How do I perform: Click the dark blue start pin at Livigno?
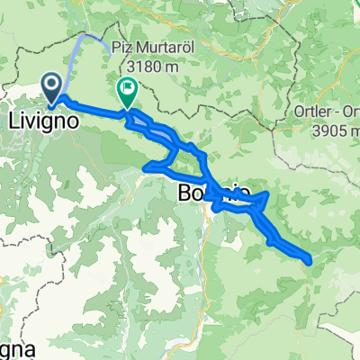(54, 86)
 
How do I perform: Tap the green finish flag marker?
(127, 89)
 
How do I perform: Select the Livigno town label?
(41, 118)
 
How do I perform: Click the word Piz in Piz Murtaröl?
(123, 50)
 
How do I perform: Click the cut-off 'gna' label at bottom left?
(11, 348)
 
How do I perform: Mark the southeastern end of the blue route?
(310, 260)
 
